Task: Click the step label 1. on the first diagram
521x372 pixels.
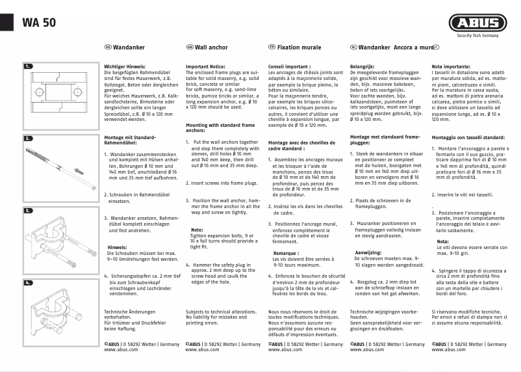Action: [28, 66]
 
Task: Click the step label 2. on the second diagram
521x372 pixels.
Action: [28, 139]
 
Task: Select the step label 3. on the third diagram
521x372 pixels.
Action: [28, 211]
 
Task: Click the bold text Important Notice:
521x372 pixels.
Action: [205, 66]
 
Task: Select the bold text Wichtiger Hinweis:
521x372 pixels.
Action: [127, 66]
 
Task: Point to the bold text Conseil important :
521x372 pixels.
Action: [289, 66]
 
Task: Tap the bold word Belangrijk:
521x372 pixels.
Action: [363, 66]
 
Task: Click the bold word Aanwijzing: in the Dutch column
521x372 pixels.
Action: [368, 251]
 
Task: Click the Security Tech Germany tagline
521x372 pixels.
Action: [477, 36]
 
